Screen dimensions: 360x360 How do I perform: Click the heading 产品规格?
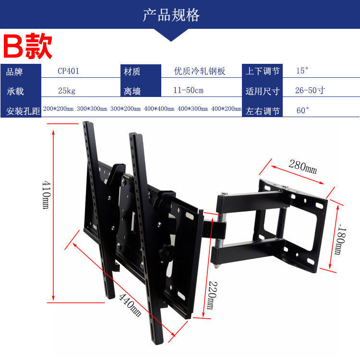point(171,15)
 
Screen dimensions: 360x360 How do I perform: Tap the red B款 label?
point(28,47)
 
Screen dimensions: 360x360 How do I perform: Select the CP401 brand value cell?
point(68,71)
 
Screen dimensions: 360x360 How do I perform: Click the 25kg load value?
point(66,90)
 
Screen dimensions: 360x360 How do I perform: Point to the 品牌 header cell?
point(15,72)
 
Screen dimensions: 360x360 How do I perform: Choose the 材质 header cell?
point(132,72)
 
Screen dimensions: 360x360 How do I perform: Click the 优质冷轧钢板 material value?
point(200,72)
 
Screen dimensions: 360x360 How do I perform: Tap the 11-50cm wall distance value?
point(189,90)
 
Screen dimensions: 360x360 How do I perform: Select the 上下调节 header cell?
point(263,72)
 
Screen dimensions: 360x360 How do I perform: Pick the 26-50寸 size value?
point(310,90)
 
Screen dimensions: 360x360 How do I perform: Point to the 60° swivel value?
point(303,110)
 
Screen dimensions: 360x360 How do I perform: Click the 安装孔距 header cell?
point(22,111)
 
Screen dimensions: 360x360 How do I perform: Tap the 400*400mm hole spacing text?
point(159,109)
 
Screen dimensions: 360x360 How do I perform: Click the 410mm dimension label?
point(46,194)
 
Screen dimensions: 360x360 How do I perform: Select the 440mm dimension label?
point(130,304)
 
